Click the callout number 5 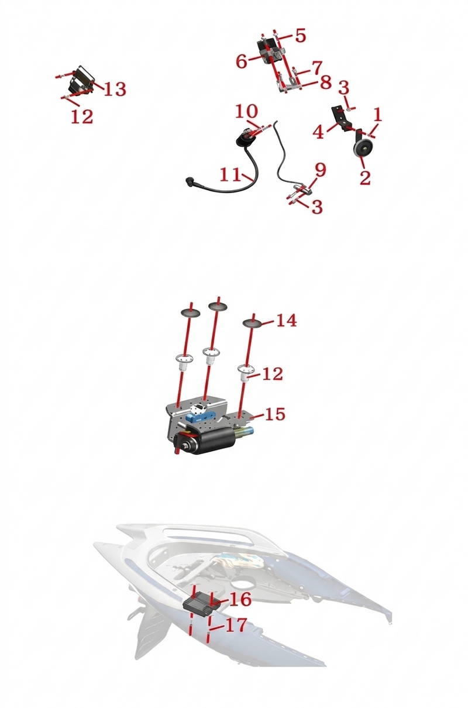(301, 35)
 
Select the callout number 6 (242, 61)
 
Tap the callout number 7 (316, 68)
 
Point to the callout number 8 (325, 82)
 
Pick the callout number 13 (115, 89)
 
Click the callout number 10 (246, 111)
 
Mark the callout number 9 (321, 170)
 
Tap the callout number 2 (365, 178)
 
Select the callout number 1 (378, 115)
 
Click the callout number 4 (318, 132)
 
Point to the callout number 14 (287, 320)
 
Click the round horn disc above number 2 (363, 148)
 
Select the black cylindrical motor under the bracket (202, 440)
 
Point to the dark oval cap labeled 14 (252, 323)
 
